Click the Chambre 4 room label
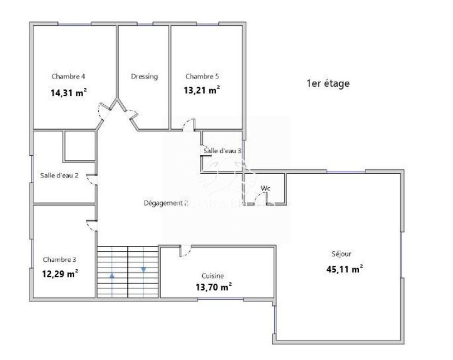pyautogui.click(x=68, y=76)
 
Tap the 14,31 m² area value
pyautogui.click(x=68, y=93)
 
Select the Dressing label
pyautogui.click(x=144, y=77)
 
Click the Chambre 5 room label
pyautogui.click(x=202, y=76)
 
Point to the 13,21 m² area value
pyautogui.click(x=202, y=90)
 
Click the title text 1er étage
pyautogui.click(x=328, y=84)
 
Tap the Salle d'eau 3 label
pyautogui.click(x=222, y=151)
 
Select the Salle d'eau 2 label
pyautogui.click(x=59, y=175)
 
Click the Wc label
pyautogui.click(x=265, y=188)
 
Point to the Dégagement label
pyautogui.click(x=165, y=203)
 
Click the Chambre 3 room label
pyautogui.click(x=59, y=260)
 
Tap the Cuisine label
pyautogui.click(x=213, y=276)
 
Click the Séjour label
pyautogui.click(x=341, y=254)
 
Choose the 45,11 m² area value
pyautogui.click(x=344, y=269)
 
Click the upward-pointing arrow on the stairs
pyautogui.click(x=112, y=274)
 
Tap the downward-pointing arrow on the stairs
pyautogui.click(x=144, y=269)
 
